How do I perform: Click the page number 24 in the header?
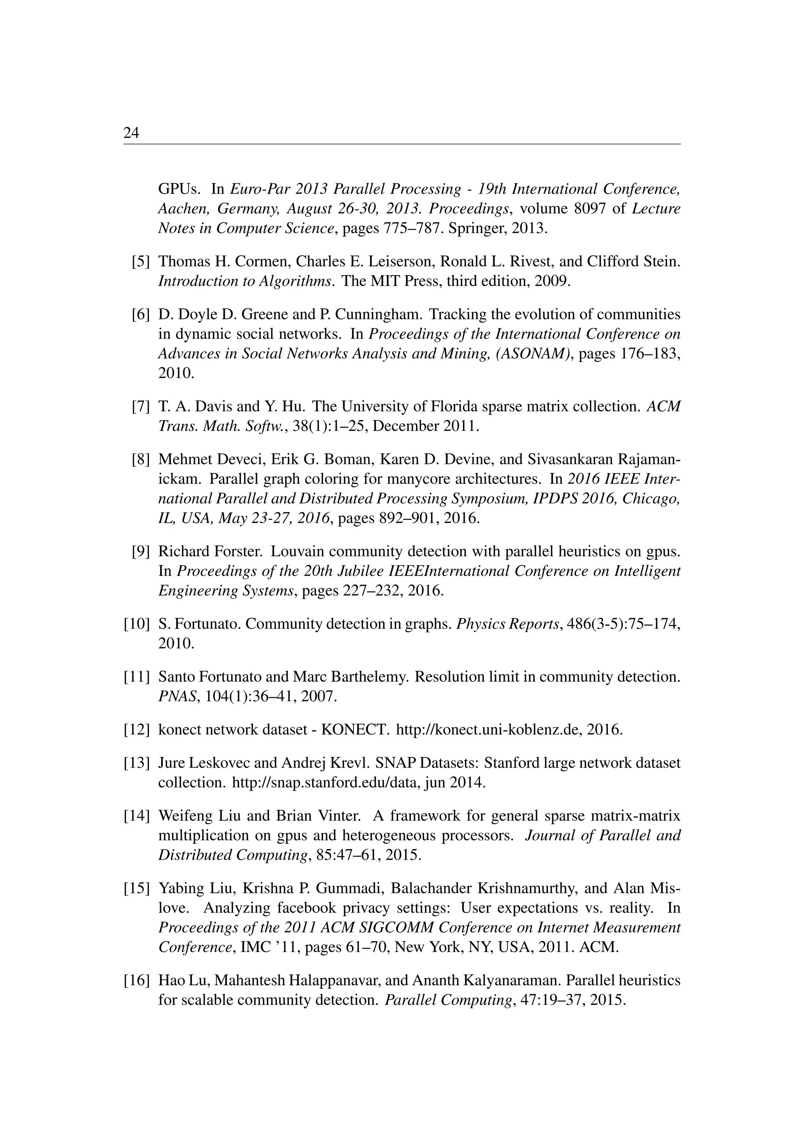click(x=131, y=133)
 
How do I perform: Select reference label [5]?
click(x=141, y=262)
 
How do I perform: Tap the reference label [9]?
click(x=141, y=552)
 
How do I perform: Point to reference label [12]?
click(x=137, y=730)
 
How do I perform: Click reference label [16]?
click(x=137, y=980)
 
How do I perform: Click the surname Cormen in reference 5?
click(x=259, y=262)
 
